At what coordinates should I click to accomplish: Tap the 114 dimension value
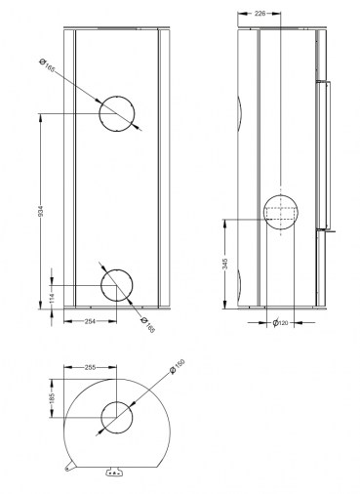tap(40, 299)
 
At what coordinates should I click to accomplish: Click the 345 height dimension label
tap(225, 265)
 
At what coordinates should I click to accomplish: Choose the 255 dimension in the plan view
tap(91, 368)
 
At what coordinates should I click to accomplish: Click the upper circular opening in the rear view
tap(117, 113)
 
